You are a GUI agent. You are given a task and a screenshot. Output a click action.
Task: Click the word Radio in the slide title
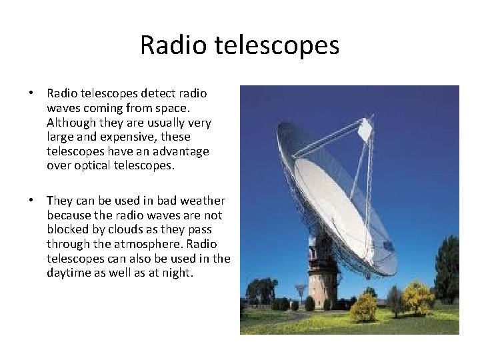tap(169, 45)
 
